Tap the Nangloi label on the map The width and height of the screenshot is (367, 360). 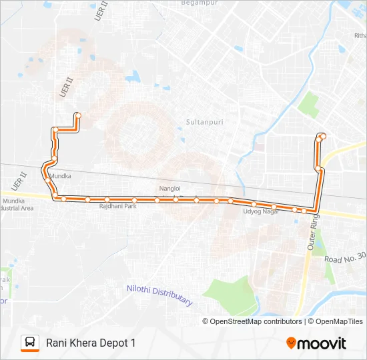169,189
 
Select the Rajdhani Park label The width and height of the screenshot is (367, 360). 117,207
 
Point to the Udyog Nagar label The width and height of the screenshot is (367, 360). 261,212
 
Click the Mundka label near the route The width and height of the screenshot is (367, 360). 59,177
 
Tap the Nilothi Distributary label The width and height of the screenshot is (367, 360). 159,295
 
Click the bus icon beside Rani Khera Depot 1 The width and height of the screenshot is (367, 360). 30,343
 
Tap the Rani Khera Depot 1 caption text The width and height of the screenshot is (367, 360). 91,343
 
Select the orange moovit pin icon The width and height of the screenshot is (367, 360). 291,343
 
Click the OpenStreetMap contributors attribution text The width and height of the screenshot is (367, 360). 256,321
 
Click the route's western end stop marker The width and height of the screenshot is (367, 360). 78,115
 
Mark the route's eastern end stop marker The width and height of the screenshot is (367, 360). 323,137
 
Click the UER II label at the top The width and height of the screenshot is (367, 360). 102,13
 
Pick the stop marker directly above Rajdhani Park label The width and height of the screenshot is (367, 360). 107,199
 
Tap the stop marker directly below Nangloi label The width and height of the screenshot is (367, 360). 175,199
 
